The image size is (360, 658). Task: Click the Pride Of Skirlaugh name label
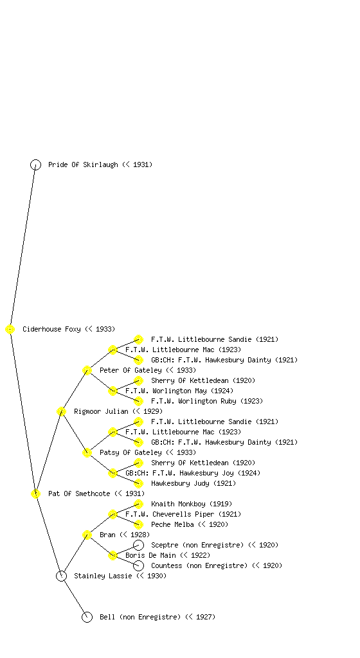(x=100, y=164)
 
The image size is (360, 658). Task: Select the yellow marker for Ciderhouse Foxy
(x=10, y=329)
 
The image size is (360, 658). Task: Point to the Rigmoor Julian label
(x=118, y=411)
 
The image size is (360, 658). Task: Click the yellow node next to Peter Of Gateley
(x=87, y=370)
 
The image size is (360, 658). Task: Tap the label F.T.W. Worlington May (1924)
(x=179, y=391)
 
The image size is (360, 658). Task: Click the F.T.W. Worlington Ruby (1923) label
(x=207, y=401)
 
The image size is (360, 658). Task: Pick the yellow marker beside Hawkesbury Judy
(x=138, y=483)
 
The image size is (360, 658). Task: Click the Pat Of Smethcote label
(x=96, y=493)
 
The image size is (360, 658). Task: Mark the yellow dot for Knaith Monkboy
(x=138, y=504)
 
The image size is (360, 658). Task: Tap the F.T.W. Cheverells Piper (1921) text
(x=183, y=514)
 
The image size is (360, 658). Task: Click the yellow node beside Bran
(x=87, y=535)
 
